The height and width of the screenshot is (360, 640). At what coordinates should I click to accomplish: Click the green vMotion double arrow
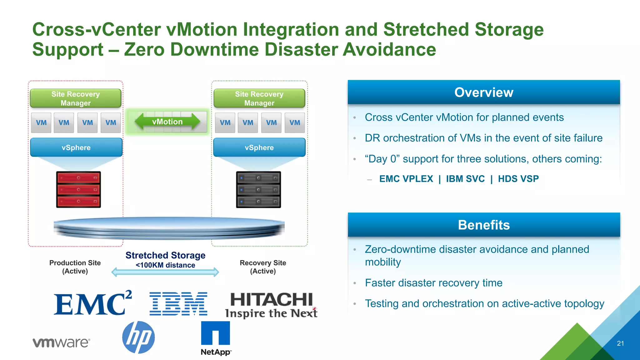(167, 122)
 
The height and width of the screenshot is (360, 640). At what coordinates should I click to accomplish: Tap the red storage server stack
(78, 189)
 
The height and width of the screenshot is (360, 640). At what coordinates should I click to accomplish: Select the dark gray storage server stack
(258, 189)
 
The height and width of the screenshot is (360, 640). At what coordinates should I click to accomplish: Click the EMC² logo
(92, 303)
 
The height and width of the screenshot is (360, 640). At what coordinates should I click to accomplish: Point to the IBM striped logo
(178, 304)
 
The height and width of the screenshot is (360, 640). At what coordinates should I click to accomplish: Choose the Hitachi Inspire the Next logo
(271, 305)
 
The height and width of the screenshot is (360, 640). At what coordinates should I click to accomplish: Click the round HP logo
(138, 337)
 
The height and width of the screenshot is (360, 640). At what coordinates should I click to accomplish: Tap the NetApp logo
(216, 338)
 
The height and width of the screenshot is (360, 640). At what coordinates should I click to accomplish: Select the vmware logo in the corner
(61, 342)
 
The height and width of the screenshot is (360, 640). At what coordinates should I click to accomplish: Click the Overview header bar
(483, 92)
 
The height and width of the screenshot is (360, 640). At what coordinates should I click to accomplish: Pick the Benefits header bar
(483, 225)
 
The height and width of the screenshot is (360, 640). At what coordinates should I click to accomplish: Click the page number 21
(620, 343)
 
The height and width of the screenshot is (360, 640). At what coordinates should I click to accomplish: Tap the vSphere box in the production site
(76, 147)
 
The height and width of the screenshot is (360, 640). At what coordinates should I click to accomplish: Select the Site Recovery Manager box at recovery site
(259, 98)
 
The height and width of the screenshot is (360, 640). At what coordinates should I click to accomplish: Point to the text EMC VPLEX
(406, 179)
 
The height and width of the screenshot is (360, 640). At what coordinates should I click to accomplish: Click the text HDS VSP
(518, 179)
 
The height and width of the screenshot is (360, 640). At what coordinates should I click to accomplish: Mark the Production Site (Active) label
(75, 267)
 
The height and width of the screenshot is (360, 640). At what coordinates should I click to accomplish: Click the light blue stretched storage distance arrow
(165, 272)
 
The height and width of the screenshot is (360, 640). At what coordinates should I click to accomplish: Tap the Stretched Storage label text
(165, 255)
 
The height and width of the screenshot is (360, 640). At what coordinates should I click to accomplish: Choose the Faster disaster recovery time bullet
(433, 283)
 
